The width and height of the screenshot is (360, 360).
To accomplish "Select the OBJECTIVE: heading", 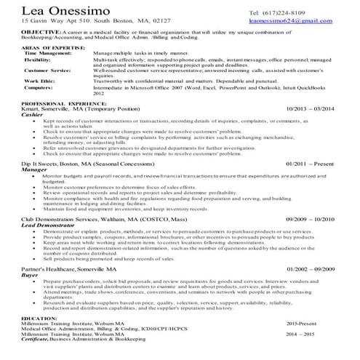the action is (x=40, y=33).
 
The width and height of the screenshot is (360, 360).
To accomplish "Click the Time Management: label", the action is (x=49, y=53).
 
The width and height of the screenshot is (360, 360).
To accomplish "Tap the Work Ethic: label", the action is (x=40, y=81).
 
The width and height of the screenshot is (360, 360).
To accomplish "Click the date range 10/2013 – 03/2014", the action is (x=313, y=109).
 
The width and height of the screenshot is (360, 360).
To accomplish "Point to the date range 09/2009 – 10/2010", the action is (x=311, y=217).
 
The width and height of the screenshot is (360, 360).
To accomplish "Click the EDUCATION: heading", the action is (x=40, y=318).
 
